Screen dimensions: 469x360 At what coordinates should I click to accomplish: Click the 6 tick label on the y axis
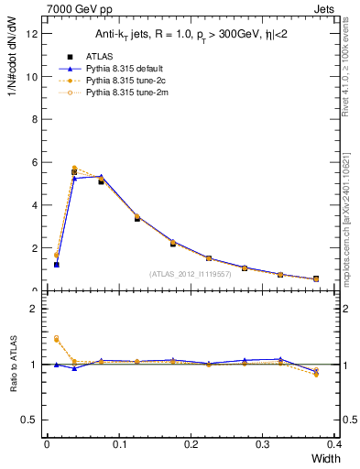(x=34, y=162)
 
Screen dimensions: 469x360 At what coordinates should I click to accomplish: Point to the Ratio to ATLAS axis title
(x=13, y=364)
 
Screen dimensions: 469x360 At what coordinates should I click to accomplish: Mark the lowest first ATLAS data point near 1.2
(x=56, y=265)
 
